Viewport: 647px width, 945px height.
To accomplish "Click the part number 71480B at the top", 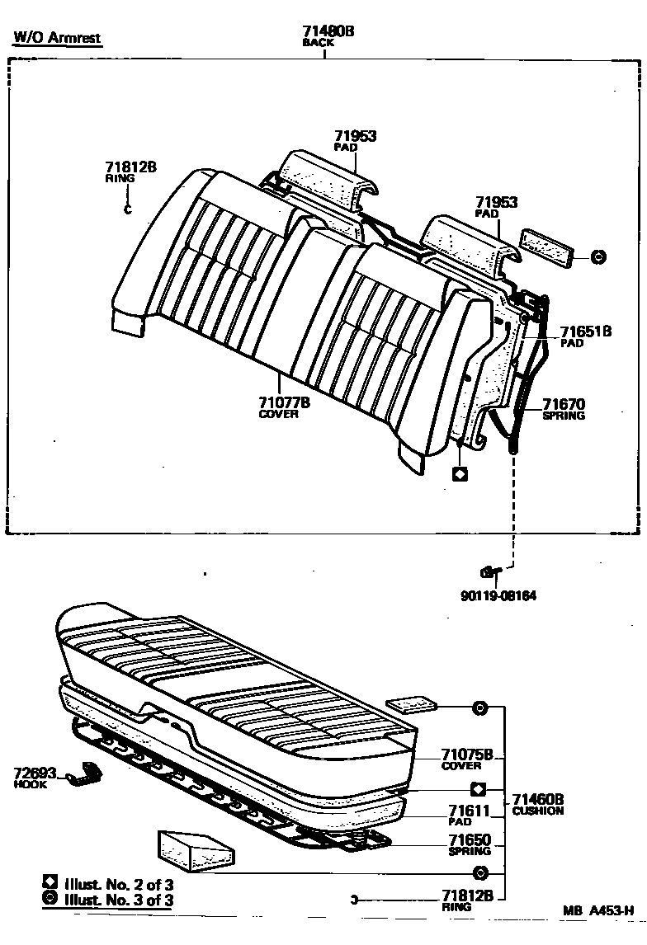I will [x=328, y=31].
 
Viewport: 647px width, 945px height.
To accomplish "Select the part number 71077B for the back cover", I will [x=283, y=402].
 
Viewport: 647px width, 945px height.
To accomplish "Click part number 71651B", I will [x=586, y=331].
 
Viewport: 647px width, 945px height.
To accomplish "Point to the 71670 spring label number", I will [x=563, y=404].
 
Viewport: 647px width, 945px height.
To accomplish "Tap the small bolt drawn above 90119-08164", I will [x=489, y=571].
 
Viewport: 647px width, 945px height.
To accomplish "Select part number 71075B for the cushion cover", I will [x=466, y=755].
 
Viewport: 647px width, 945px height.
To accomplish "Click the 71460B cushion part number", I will [x=537, y=799].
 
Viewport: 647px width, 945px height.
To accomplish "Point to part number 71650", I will [x=470, y=840].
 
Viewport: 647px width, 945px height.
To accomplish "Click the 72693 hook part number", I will [x=35, y=773].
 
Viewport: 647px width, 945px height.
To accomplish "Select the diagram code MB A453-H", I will [x=598, y=910].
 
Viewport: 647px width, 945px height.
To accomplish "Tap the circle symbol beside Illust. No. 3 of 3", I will [x=50, y=900].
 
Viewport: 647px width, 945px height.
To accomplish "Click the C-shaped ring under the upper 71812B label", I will [x=127, y=209].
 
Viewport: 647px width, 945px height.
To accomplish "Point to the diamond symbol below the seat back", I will [x=460, y=474].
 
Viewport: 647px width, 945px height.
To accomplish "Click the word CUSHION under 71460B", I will [x=537, y=811].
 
